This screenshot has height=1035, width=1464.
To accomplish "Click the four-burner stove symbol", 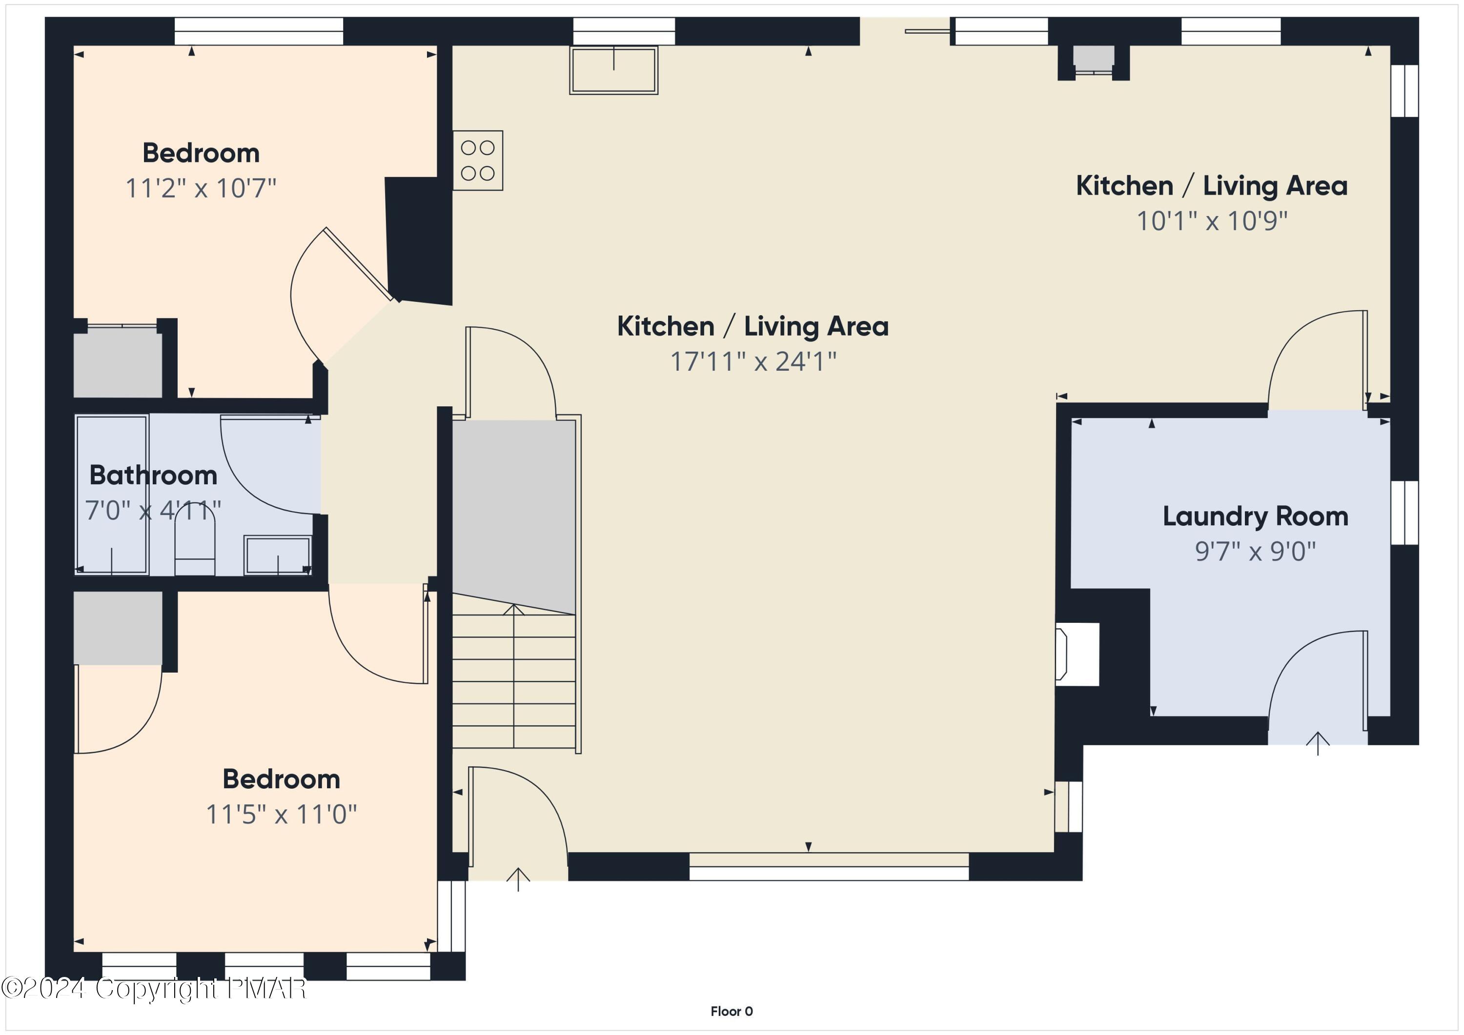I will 478,160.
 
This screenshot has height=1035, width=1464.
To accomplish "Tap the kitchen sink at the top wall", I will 613,70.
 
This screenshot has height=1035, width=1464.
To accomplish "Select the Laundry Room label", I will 1255,516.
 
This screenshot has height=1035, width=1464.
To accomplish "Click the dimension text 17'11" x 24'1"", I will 752,361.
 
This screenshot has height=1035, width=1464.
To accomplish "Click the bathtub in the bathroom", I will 112,495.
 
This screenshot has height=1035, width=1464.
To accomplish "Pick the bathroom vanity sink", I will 277,555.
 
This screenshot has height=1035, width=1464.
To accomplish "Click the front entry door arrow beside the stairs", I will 518,879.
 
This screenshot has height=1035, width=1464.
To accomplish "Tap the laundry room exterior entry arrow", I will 1317,744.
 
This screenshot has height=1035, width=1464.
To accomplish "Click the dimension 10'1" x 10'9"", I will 1212,221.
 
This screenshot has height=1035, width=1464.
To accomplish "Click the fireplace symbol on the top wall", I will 1093,60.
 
